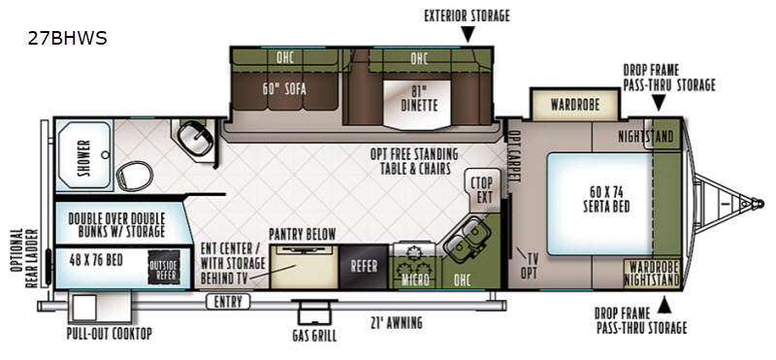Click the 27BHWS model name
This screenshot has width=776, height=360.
(67, 39)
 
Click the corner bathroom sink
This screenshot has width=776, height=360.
(196, 138)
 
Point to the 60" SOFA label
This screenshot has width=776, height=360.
(284, 89)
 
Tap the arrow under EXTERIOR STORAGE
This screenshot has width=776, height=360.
(468, 34)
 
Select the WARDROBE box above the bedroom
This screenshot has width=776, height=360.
(575, 105)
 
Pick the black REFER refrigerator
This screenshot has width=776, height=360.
(364, 267)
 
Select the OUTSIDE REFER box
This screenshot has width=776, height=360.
(164, 267)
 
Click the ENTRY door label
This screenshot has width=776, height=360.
(228, 302)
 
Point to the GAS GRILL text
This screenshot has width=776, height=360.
(314, 337)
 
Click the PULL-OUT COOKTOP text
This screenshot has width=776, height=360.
(110, 333)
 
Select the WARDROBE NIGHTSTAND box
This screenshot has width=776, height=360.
(651, 273)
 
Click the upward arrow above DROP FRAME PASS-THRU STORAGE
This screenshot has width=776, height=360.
(663, 306)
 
